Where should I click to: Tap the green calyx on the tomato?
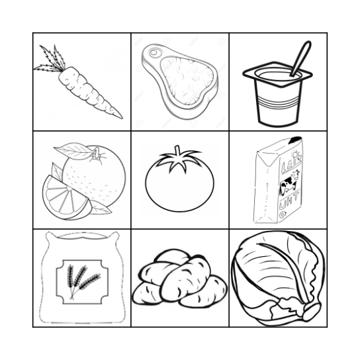pyautogui.click(x=179, y=159)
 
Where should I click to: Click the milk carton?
pyautogui.click(x=277, y=182)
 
